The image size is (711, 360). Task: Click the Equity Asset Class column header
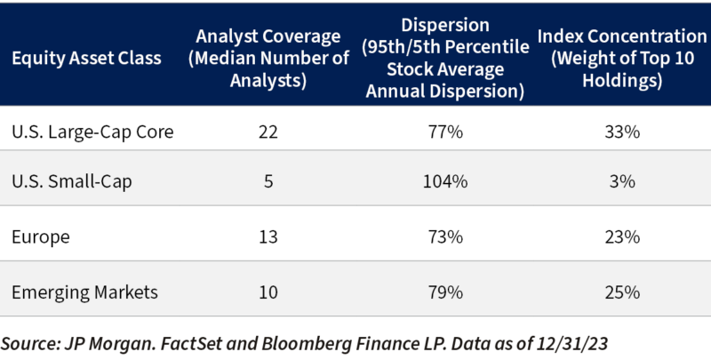86,59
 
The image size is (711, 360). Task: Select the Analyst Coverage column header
268,59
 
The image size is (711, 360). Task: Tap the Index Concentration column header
622,59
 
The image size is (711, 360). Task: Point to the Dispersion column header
445,59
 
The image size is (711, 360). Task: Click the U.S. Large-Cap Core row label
92,132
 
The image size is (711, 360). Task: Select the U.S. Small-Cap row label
72,182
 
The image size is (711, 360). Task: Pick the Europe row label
41,237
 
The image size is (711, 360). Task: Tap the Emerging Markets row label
84,292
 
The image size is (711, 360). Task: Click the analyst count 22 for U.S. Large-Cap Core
268,132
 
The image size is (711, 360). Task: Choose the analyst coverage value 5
268,182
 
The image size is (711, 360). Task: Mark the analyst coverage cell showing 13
268,237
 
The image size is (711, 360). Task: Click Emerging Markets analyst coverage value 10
268,292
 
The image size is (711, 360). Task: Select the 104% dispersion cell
445,182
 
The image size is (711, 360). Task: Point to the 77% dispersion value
445,132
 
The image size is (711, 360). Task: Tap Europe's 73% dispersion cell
445,237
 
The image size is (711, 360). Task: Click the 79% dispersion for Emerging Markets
445,292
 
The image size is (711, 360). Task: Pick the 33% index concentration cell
622,132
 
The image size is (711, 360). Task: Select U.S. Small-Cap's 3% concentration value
622,182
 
